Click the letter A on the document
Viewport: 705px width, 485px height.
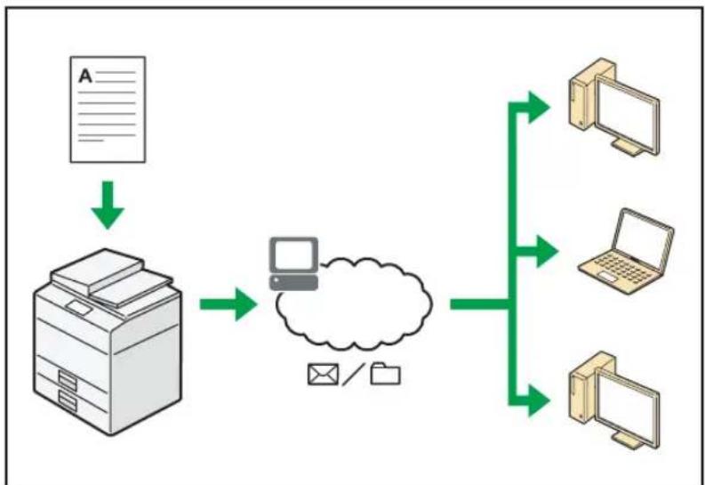pyautogui.click(x=85, y=76)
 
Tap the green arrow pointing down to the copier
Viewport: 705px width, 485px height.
pyautogui.click(x=108, y=205)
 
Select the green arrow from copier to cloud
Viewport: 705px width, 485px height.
pyautogui.click(x=228, y=304)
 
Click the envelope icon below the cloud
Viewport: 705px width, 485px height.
pyautogui.click(x=323, y=375)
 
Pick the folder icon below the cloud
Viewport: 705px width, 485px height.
pyautogui.click(x=385, y=374)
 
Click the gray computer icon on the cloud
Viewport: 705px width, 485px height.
pyautogui.click(x=293, y=263)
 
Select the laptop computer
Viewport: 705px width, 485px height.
pyautogui.click(x=625, y=251)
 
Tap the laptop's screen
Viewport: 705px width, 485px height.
pyautogui.click(x=643, y=235)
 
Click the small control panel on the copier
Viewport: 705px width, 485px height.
pyautogui.click(x=79, y=308)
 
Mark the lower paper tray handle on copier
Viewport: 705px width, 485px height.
pyautogui.click(x=68, y=400)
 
